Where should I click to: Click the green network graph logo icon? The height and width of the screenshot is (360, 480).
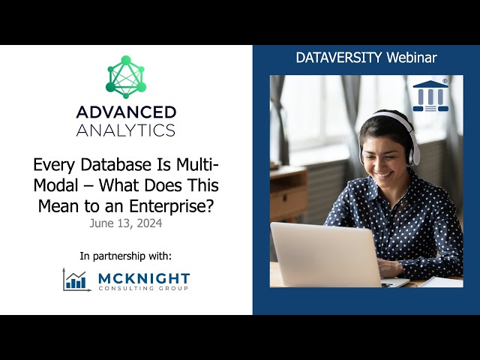click(x=126, y=78)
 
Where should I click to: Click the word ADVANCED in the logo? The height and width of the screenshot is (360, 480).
click(x=126, y=112)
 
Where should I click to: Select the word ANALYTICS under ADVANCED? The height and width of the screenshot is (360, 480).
click(x=126, y=130)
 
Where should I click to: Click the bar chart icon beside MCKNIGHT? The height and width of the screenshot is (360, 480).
click(x=76, y=280)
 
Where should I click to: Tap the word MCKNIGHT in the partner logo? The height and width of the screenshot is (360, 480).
click(x=143, y=277)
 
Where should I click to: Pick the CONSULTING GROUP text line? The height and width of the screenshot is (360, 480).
click(x=143, y=289)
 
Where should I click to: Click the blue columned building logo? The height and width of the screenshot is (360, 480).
click(x=430, y=96)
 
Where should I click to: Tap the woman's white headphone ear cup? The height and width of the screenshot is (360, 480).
click(x=414, y=149)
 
